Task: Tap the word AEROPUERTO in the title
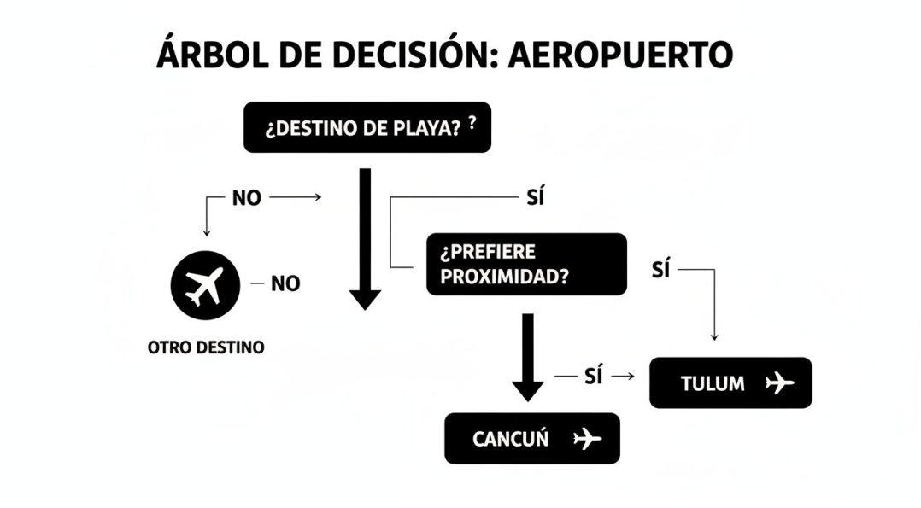click(620, 55)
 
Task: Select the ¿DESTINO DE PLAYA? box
click(367, 127)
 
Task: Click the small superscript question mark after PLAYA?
click(472, 122)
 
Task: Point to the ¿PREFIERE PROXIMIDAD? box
click(526, 265)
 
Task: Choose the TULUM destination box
click(730, 382)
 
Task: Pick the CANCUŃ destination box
click(532, 439)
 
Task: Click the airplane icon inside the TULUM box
click(779, 382)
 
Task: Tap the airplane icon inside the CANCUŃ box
click(587, 439)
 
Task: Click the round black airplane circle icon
click(205, 285)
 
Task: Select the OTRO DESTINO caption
click(206, 347)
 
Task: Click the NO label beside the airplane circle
click(285, 284)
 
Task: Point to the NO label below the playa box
click(247, 198)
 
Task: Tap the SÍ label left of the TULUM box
click(593, 376)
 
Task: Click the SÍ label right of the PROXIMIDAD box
click(660, 270)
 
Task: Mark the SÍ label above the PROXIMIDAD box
click(536, 196)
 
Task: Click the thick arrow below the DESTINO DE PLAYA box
click(365, 239)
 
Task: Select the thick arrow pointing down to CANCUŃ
click(527, 358)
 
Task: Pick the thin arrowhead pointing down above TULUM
click(714, 337)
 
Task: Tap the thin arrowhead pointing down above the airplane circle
click(206, 232)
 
